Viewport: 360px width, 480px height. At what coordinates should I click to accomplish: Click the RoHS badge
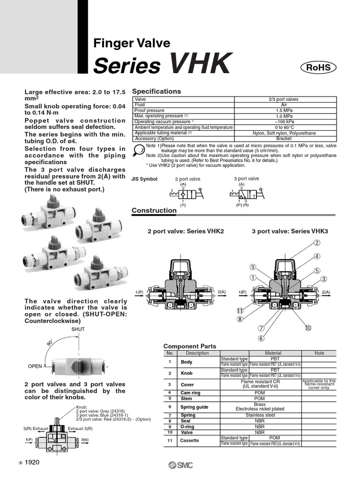click(318, 67)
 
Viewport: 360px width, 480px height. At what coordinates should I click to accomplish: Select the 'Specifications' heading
click(156, 91)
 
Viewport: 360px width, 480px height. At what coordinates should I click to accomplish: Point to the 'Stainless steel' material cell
click(273, 415)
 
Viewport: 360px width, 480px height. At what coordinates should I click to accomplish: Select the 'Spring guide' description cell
click(194, 407)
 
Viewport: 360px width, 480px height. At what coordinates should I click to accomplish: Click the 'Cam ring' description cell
click(190, 393)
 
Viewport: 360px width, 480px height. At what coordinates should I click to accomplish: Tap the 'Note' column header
click(319, 353)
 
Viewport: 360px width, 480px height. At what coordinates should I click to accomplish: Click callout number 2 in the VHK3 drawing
click(317, 242)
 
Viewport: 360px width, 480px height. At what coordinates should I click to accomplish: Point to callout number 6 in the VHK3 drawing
click(261, 338)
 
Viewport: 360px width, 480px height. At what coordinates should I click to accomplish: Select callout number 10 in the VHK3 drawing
click(307, 328)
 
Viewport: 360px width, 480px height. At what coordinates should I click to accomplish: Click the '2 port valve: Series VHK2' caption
click(186, 232)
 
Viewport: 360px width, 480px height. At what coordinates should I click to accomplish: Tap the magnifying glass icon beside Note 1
click(139, 150)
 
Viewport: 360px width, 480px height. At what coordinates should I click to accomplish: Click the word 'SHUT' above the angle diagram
click(78, 330)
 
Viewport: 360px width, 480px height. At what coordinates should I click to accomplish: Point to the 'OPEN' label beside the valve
click(35, 366)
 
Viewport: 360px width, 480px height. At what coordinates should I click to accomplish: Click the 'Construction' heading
click(154, 210)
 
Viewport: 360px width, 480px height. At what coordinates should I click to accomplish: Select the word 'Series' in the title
click(127, 66)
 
